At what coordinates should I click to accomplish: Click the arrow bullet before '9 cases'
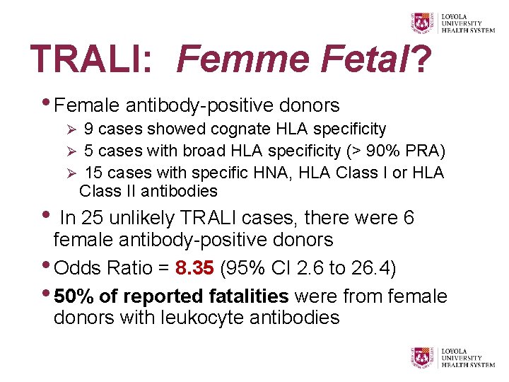[x=69, y=130]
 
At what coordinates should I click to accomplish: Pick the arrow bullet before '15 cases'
[x=69, y=173]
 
